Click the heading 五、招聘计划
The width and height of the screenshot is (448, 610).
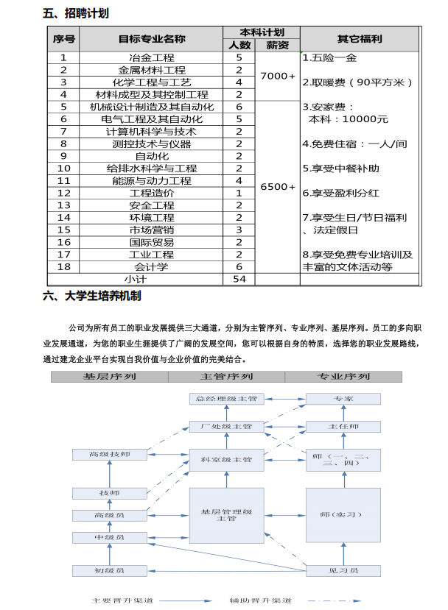click(76, 13)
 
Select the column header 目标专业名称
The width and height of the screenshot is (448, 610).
click(152, 38)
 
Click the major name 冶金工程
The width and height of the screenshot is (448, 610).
click(152, 57)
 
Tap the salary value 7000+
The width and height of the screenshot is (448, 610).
click(277, 76)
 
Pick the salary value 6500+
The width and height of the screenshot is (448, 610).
click(277, 187)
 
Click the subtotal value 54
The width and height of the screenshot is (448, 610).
click(239, 279)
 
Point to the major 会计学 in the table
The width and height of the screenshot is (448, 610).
click(152, 267)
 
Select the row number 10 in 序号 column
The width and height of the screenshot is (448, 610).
click(64, 169)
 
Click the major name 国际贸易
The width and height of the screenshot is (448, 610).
click(152, 242)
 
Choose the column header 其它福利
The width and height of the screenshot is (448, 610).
click(360, 38)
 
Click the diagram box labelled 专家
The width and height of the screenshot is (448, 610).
click(343, 398)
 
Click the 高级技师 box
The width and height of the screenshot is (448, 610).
click(109, 455)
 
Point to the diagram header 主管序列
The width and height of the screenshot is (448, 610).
click(227, 377)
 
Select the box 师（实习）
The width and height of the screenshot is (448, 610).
click(343, 514)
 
